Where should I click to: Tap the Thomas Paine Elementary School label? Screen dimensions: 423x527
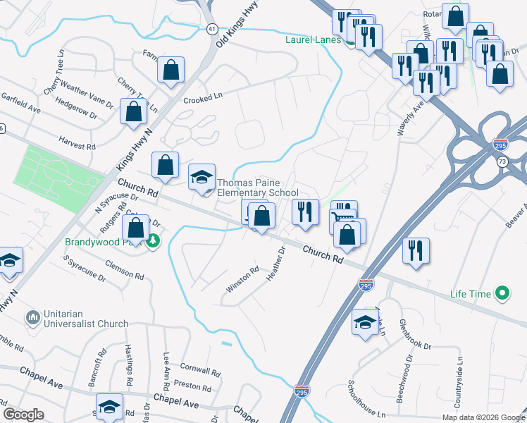258,187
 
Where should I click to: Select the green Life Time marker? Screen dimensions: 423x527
502,293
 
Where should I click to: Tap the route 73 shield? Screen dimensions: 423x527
501,162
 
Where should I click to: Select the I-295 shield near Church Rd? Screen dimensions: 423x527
366,285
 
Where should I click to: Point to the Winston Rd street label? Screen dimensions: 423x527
243,279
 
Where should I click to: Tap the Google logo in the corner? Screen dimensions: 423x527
23,415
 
